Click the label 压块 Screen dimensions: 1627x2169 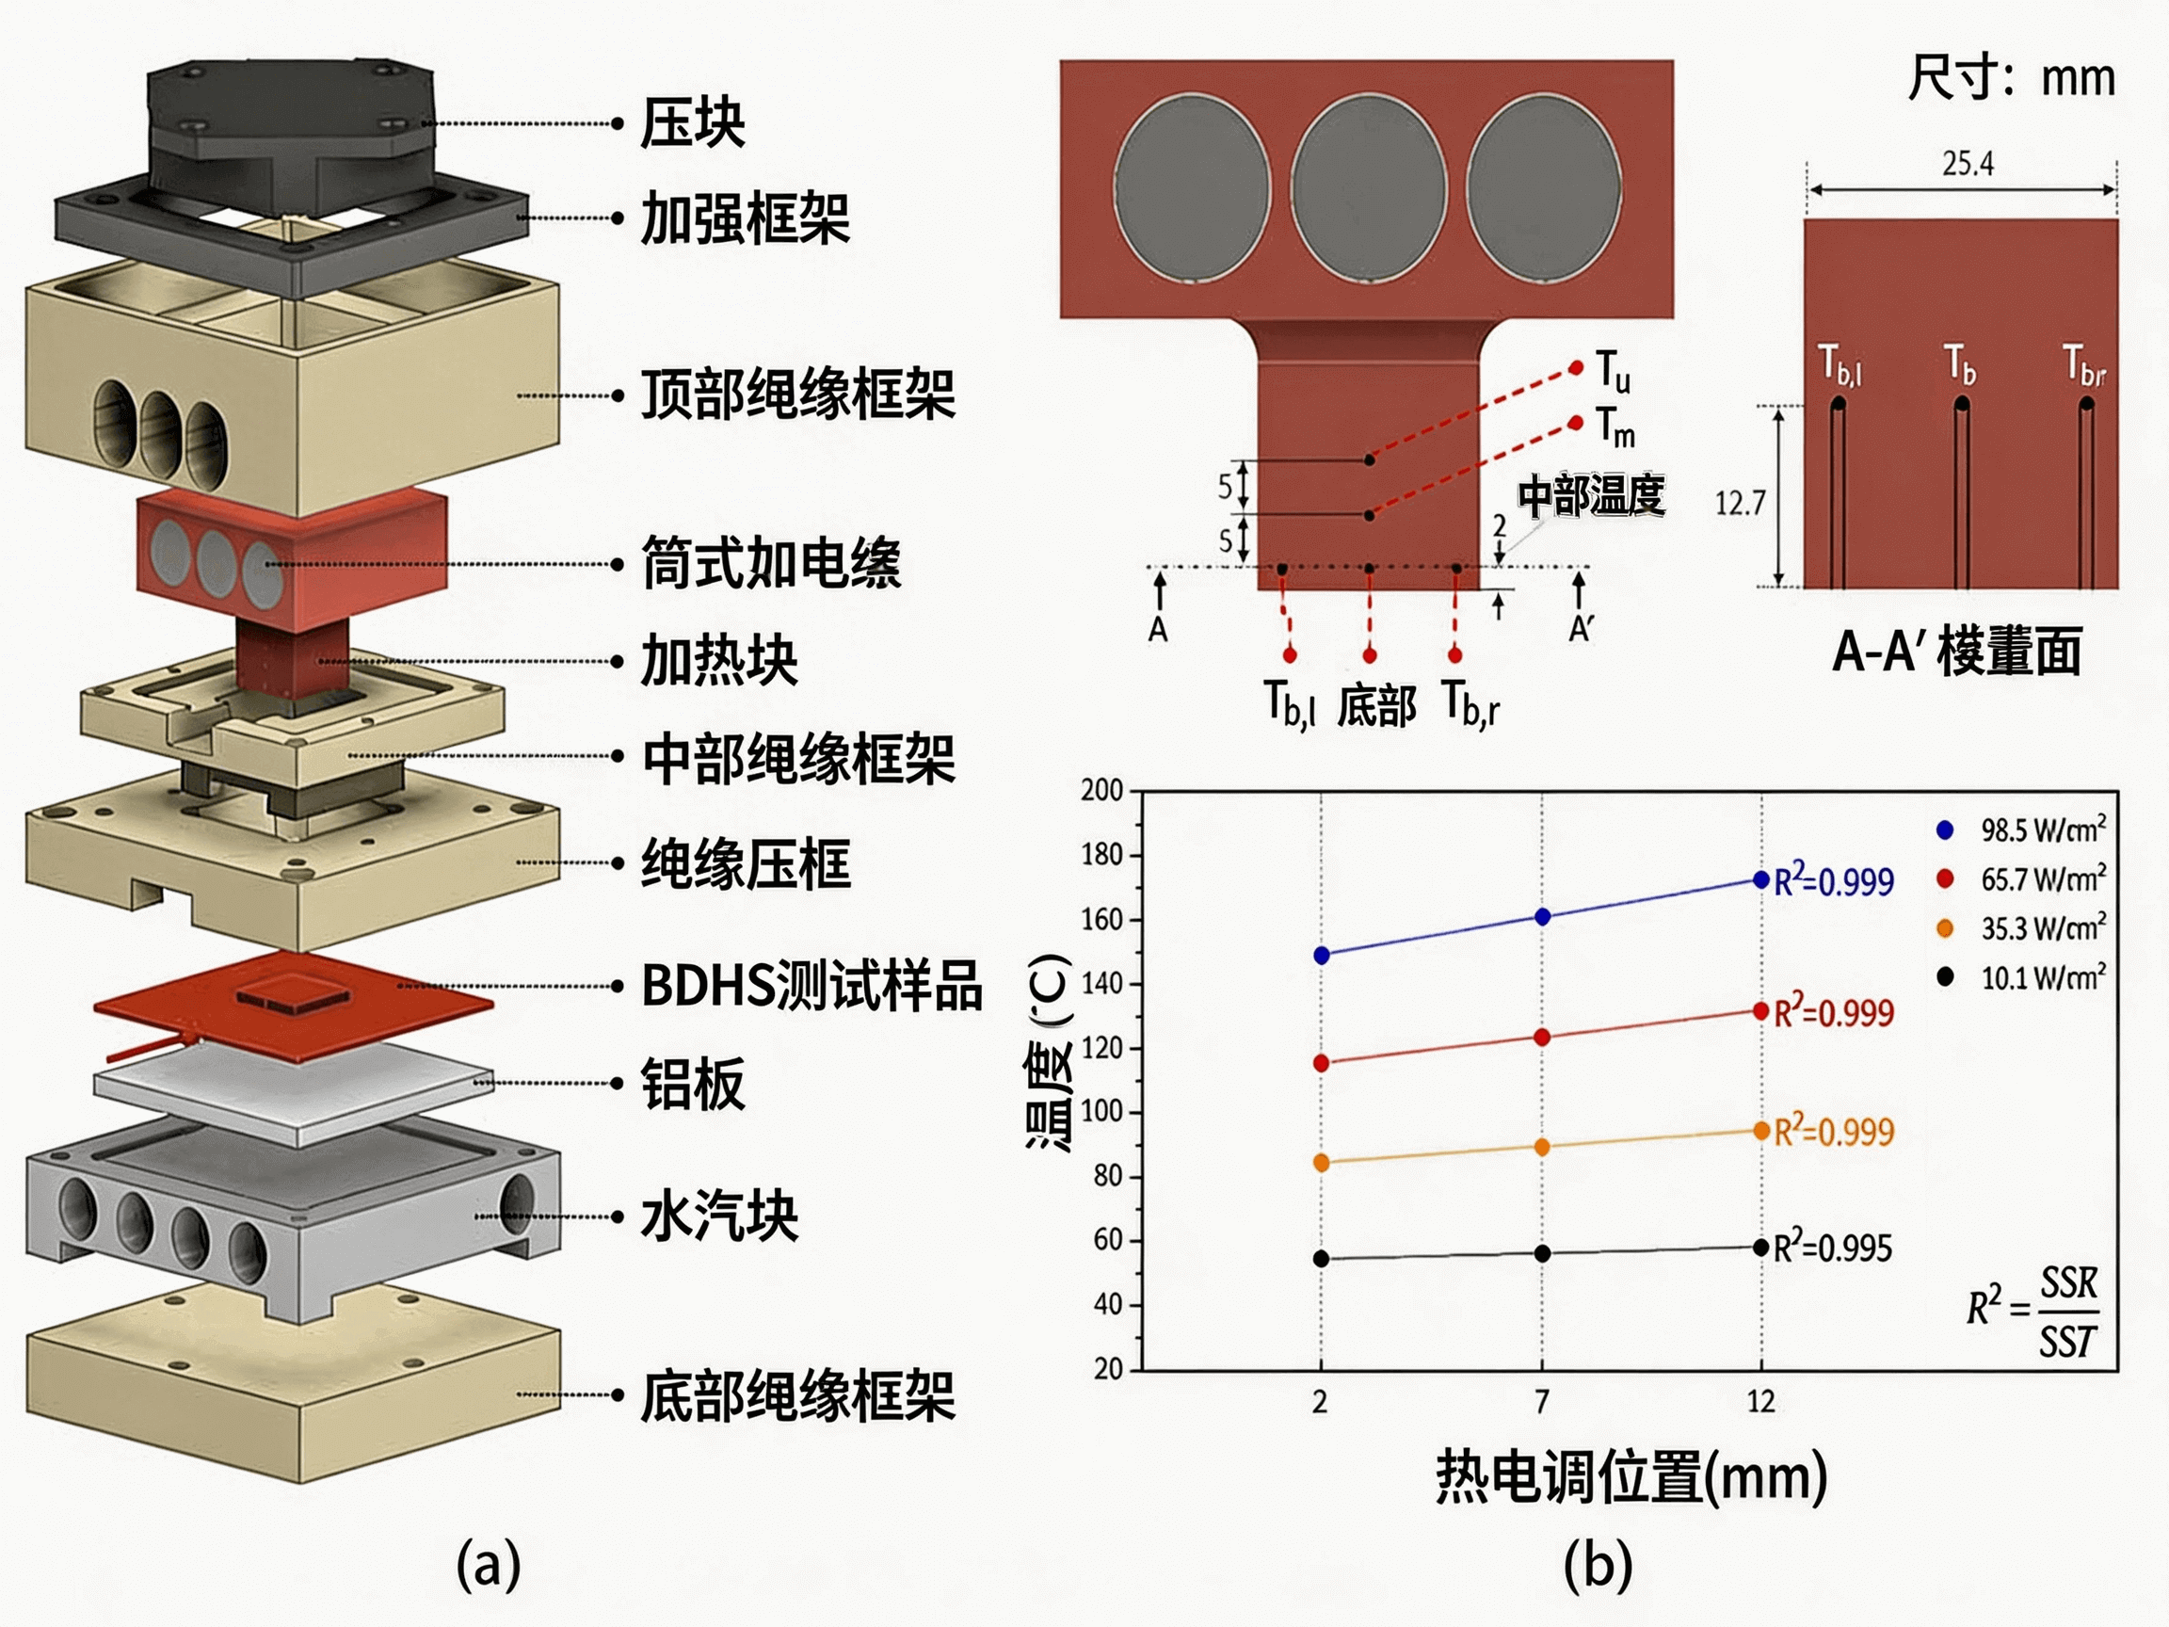(x=692, y=123)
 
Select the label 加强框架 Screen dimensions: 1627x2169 (x=746, y=217)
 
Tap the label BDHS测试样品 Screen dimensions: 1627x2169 (x=811, y=986)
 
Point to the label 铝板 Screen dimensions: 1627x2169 (x=692, y=1084)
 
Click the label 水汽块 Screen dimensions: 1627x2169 (x=718, y=1217)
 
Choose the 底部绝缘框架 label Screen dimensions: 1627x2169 (x=797, y=1395)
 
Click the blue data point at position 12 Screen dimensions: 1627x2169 (x=1761, y=879)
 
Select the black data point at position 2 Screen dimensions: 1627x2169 (x=1321, y=1258)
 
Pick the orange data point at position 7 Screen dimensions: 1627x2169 (x=1541, y=1147)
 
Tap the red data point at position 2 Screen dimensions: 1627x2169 (x=1321, y=1063)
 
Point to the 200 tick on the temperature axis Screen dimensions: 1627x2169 (x=1102, y=791)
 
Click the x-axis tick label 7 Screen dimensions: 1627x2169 (x=1542, y=1401)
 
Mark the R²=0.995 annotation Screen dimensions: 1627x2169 (x=1833, y=1248)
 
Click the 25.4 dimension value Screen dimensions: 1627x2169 (x=1968, y=163)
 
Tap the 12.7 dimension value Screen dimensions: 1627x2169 (x=1740, y=503)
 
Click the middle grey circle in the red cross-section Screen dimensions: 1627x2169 (x=1368, y=188)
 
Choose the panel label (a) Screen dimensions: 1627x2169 (x=488, y=1564)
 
